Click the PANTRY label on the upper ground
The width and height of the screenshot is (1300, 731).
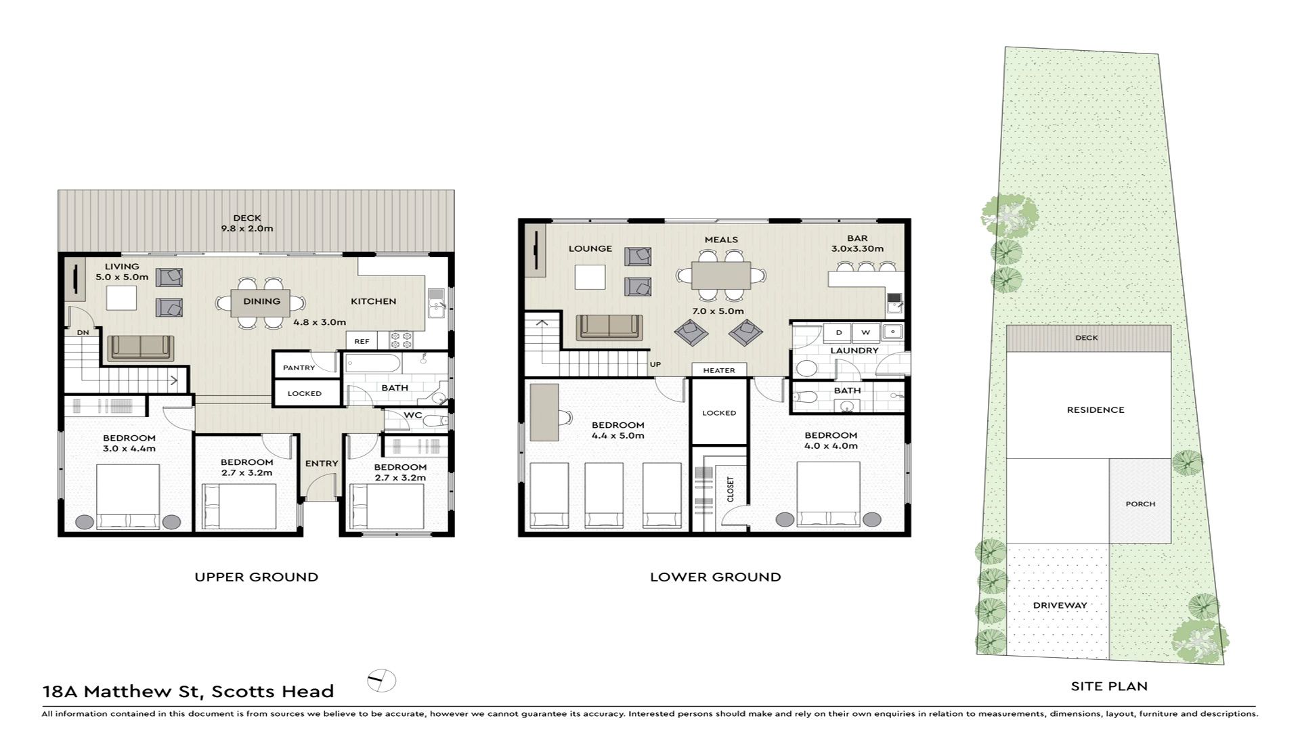299,368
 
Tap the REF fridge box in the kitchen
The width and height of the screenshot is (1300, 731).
362,341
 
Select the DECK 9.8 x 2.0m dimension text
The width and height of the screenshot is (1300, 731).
247,229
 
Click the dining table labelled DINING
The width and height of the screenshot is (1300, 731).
261,303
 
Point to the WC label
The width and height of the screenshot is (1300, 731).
413,415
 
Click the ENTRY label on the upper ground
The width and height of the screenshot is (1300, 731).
322,464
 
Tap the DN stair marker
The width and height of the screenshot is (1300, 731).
83,332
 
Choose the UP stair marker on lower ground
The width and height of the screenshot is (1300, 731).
655,364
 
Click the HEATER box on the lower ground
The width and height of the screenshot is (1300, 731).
719,370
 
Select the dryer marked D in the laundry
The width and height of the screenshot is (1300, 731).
839,332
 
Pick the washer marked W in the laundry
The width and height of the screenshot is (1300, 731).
865,332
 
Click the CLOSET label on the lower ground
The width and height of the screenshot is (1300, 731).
730,489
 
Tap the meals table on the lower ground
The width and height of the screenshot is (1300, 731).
721,275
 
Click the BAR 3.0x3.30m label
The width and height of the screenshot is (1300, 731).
857,244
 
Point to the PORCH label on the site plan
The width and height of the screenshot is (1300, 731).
1140,504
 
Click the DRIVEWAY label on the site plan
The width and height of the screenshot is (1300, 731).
1060,605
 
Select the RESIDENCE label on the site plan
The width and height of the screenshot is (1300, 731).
1096,409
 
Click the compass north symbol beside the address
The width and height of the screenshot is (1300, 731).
382,680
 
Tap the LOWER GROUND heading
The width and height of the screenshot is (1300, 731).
716,577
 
